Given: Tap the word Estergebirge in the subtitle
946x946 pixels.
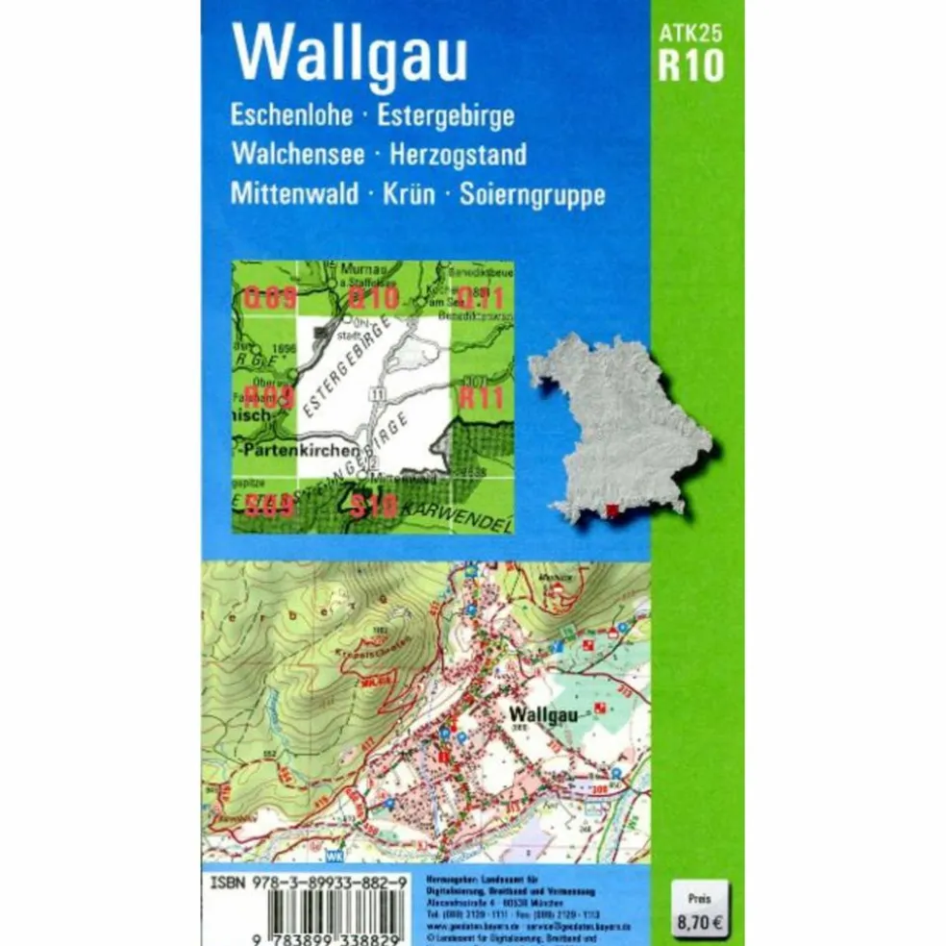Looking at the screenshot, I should click(446, 117).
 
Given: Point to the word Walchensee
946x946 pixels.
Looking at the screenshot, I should click(299, 155).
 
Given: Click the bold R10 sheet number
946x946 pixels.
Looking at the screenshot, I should click(691, 66).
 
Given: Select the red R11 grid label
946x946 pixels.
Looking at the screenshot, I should click(480, 397).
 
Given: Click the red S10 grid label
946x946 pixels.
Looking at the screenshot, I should click(374, 506).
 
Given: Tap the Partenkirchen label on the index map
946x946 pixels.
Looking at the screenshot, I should click(299, 449).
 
